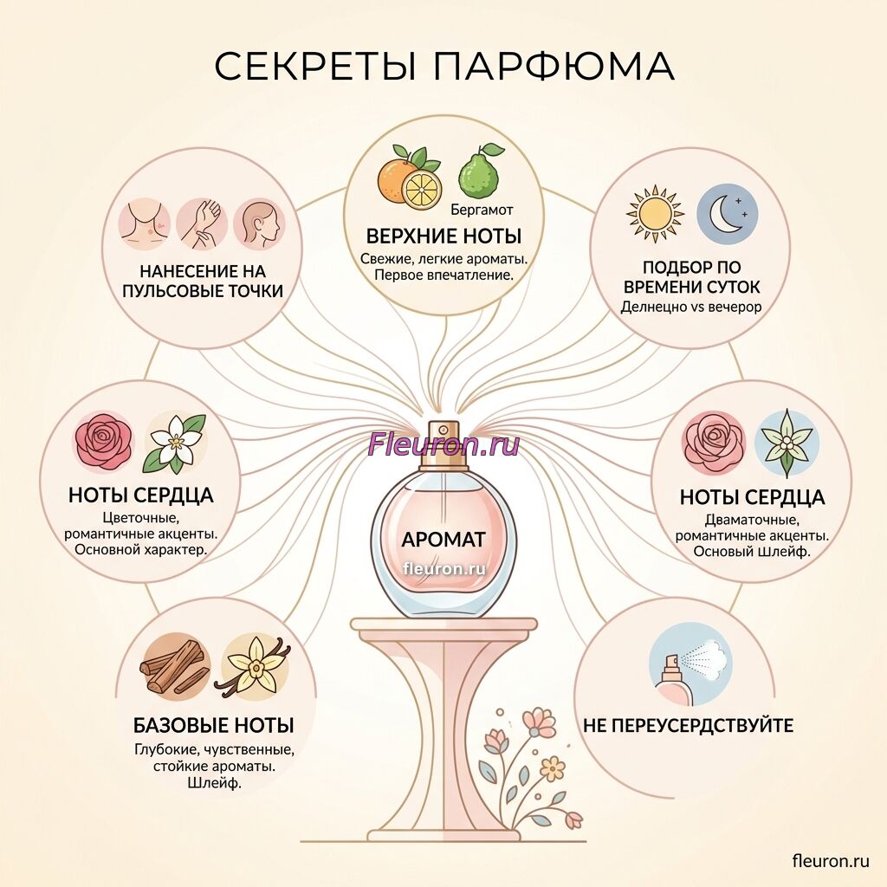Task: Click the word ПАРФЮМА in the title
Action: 555,66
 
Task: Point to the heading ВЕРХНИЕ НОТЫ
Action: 443,236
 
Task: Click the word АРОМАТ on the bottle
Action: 443,539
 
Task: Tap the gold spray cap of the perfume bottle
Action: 443,444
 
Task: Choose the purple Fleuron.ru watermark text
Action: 443,444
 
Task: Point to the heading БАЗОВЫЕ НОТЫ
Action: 214,725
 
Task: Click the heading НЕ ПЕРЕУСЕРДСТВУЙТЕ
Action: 688,725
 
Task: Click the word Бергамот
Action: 482,210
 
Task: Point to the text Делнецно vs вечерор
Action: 691,307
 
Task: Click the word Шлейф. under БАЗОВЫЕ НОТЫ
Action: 214,783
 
